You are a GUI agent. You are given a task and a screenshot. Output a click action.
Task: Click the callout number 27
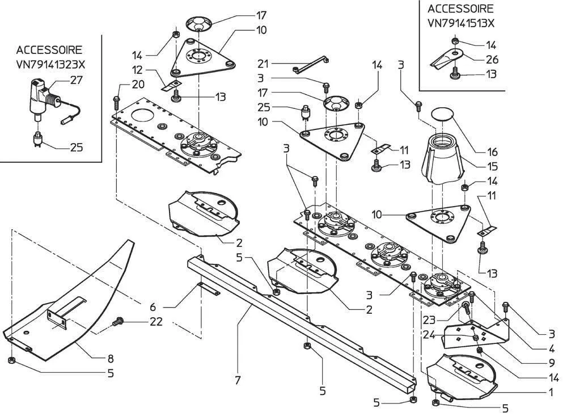pos(76,81)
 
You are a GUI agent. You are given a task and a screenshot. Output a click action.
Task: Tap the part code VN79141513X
pos(460,24)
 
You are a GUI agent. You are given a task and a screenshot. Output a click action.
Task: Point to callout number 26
pos(491,58)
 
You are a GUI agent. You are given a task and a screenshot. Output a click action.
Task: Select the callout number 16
pos(492,152)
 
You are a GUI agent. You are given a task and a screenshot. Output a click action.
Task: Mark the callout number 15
pos(492,167)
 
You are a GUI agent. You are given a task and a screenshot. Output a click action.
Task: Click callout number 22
pos(156,322)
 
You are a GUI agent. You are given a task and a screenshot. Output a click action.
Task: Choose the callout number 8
pos(111,359)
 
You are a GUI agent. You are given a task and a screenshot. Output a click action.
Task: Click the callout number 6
pos(153,306)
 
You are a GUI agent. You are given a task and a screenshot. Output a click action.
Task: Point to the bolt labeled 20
pos(117,102)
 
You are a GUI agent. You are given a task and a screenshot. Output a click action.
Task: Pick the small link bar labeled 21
pos(311,64)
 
